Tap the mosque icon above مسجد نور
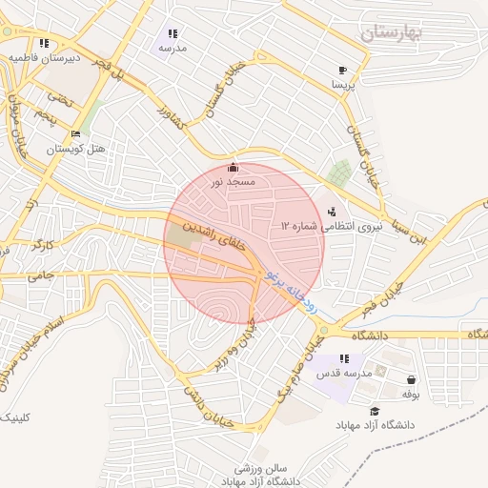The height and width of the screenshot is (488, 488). (234, 168)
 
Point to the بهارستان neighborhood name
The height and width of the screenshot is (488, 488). (397, 34)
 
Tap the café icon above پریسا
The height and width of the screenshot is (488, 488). (342, 71)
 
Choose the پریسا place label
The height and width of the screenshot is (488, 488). (342, 85)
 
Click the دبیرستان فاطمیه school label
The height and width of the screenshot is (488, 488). (42, 57)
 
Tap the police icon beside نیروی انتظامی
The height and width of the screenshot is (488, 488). (331, 211)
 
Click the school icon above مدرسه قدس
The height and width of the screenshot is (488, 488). (344, 358)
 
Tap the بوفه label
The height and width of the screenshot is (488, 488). (411, 393)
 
